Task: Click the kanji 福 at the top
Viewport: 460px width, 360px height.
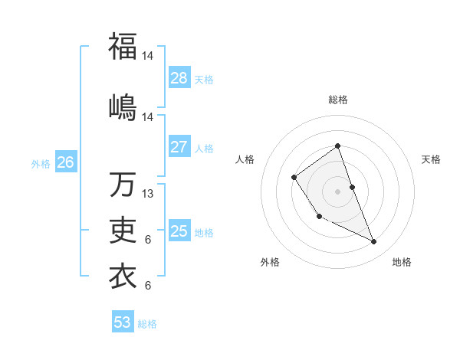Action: [123, 46]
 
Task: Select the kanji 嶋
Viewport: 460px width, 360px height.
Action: [123, 106]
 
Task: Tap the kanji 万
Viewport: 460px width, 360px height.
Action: [123, 184]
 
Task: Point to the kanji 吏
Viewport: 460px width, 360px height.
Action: [123, 230]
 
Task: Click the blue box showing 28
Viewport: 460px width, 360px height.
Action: [179, 78]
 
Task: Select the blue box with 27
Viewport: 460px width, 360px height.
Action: [179, 147]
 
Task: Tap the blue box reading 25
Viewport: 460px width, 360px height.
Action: [179, 231]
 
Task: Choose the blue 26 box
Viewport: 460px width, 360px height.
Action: [66, 162]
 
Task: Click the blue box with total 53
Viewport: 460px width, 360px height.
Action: [123, 322]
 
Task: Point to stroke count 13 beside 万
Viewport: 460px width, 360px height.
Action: [149, 194]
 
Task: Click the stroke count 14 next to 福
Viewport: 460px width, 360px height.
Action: [149, 56]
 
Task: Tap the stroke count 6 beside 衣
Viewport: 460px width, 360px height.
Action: [148, 286]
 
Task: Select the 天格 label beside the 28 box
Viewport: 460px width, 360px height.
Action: [204, 80]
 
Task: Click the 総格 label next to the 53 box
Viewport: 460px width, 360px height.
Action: [147, 324]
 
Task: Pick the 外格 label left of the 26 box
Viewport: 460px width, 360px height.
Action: [41, 164]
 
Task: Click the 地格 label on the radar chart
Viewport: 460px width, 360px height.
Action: [402, 262]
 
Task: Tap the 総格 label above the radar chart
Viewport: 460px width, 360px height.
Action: [337, 100]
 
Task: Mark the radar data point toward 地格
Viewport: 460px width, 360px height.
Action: [374, 242]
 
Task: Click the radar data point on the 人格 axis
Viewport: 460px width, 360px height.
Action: [294, 178]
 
